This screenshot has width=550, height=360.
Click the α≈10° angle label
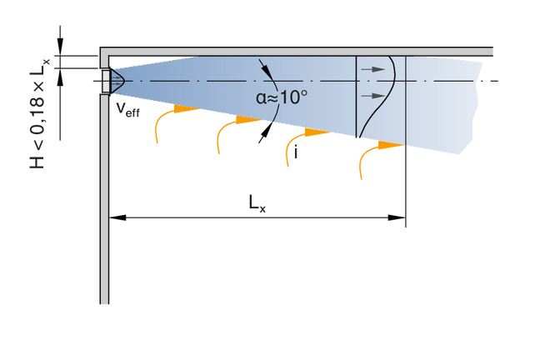[281, 96]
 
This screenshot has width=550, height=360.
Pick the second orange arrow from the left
[227, 129]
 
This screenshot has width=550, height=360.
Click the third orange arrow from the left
[297, 139]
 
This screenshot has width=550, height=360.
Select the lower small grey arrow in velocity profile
[377, 97]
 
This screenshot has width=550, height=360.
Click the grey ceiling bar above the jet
[300, 52]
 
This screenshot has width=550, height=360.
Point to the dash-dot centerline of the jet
[208, 80]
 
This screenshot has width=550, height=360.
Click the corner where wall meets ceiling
[104, 52]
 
